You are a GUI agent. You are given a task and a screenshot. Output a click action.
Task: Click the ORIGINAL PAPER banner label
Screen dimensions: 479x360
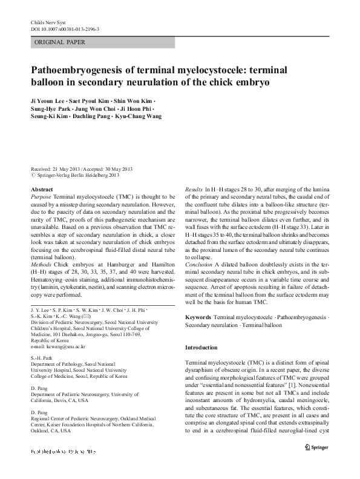coord(61,42)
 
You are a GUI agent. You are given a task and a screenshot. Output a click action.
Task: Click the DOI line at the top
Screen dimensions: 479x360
coord(65,28)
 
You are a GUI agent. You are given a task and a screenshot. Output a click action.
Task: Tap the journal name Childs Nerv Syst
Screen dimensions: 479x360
coord(48,22)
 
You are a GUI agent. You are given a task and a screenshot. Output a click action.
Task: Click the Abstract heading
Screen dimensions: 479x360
coord(42,190)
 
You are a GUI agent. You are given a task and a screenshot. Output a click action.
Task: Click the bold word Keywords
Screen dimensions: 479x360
coord(198,317)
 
